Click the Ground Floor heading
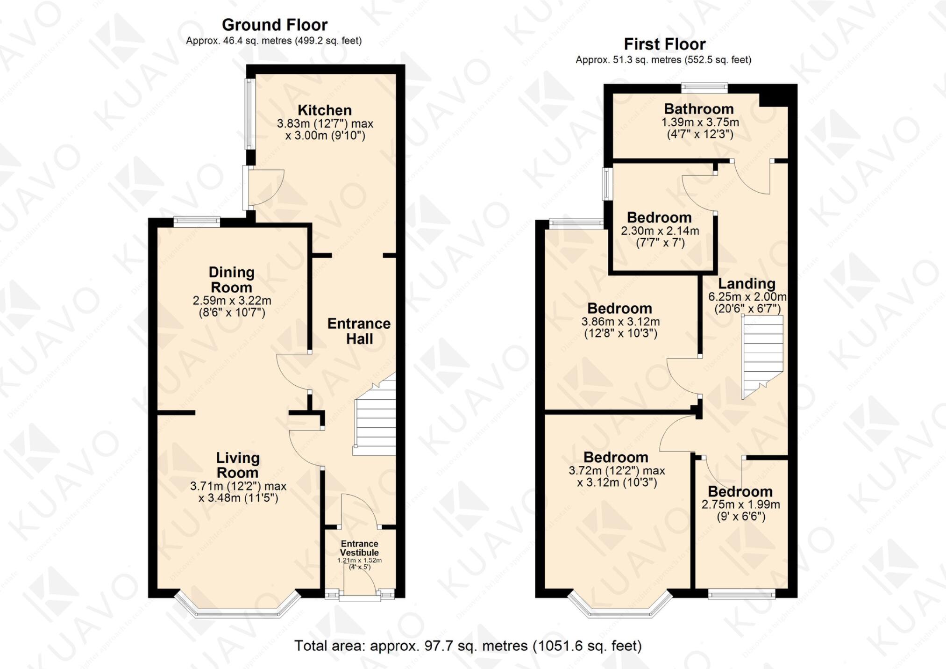pyautogui.click(x=274, y=25)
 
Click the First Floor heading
pyautogui.click(x=664, y=44)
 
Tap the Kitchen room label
pyautogui.click(x=325, y=110)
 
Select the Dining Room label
pyautogui.click(x=231, y=280)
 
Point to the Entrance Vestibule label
pyautogui.click(x=359, y=548)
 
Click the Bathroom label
pyautogui.click(x=699, y=109)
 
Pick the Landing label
pyautogui.click(x=747, y=283)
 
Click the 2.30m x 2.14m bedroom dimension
pyautogui.click(x=660, y=231)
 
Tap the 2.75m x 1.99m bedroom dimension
pyautogui.click(x=740, y=505)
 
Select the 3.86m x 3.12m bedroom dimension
pyautogui.click(x=620, y=322)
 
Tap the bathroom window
pyautogui.click(x=704, y=87)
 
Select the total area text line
pyautogui.click(x=468, y=646)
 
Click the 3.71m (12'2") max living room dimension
pyautogui.click(x=238, y=486)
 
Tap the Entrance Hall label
pyautogui.click(x=359, y=331)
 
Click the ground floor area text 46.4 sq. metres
pyautogui.click(x=273, y=41)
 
